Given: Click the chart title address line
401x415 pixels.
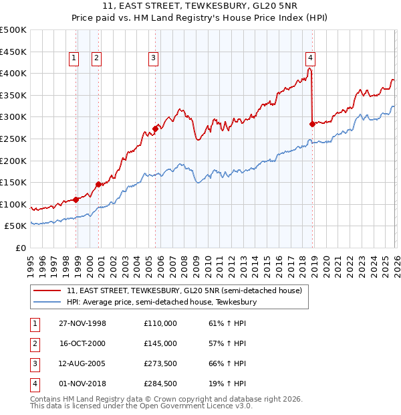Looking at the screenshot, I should [x=200, y=7].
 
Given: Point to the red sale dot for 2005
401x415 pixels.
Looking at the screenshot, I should [x=155, y=129].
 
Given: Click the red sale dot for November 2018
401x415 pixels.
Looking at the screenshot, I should [x=312, y=124].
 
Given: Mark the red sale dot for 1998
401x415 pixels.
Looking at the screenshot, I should [x=76, y=199].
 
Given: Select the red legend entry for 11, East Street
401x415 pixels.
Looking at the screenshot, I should [x=184, y=290].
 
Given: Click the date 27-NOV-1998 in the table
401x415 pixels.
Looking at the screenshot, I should [x=82, y=323].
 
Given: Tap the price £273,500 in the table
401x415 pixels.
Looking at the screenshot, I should [x=160, y=363].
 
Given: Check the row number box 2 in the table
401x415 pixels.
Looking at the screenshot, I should [x=33, y=343].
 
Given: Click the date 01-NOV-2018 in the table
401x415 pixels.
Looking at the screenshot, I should [x=82, y=384].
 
